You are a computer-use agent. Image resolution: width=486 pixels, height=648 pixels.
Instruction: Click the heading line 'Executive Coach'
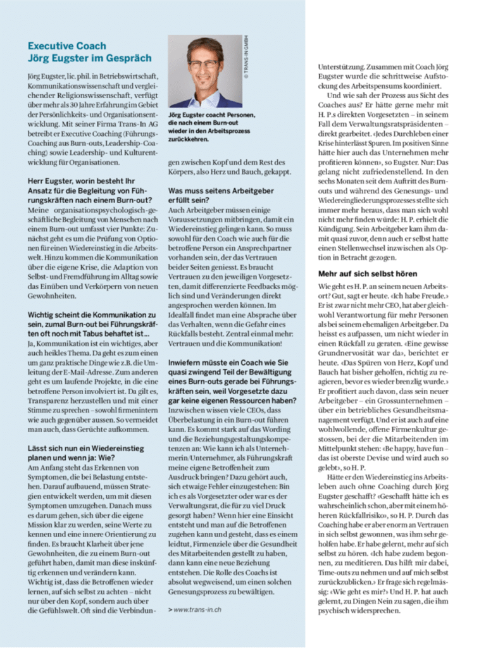click(67, 46)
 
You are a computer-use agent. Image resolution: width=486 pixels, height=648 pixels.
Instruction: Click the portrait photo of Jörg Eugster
click(205, 72)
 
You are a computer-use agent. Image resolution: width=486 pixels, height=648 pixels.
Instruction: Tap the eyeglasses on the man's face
click(204, 64)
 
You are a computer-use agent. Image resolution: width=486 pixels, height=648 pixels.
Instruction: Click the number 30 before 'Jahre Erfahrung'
click(72, 104)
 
